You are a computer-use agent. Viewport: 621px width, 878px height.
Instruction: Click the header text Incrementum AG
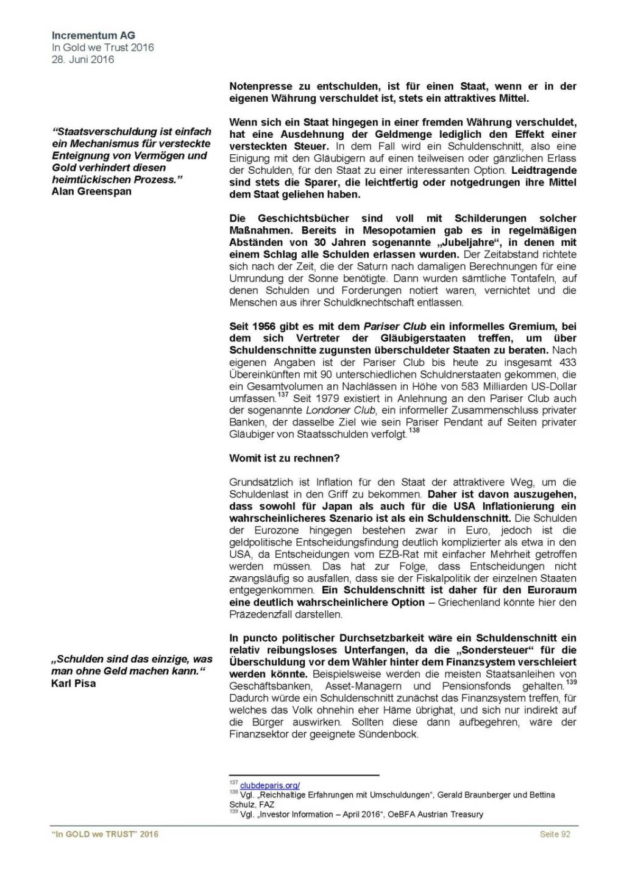[x=93, y=35]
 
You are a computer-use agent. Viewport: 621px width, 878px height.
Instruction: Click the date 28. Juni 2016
[x=83, y=60]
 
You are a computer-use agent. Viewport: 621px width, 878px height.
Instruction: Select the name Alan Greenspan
[x=91, y=191]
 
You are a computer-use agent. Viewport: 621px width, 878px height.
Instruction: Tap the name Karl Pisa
[x=74, y=683]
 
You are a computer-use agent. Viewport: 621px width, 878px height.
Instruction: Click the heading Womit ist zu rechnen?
[x=285, y=458]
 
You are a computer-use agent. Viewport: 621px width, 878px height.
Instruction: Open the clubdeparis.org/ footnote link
[x=270, y=785]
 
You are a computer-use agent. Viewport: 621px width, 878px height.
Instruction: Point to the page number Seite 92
[x=555, y=834]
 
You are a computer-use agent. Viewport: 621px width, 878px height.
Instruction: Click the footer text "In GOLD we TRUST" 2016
[x=105, y=834]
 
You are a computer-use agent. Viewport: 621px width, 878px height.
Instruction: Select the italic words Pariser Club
[x=395, y=326]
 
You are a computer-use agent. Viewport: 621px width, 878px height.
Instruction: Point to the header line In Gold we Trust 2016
[x=103, y=48]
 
